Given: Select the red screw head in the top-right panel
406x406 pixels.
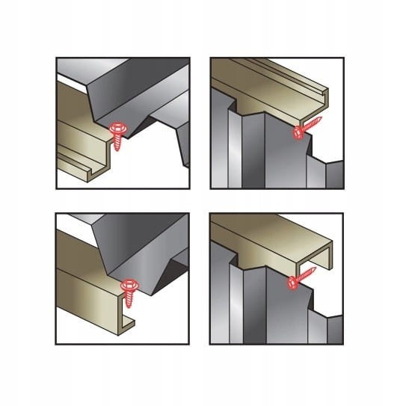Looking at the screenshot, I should (298, 132).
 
